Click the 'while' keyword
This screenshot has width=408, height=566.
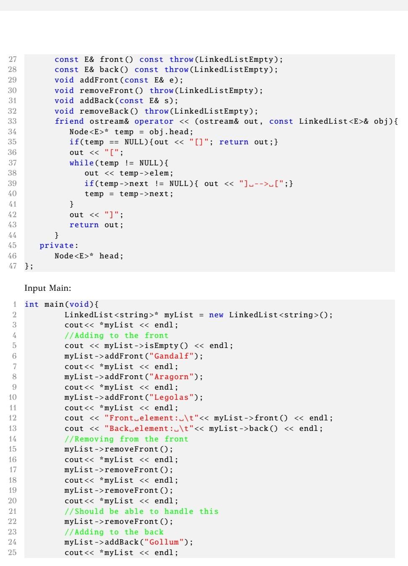[82, 163]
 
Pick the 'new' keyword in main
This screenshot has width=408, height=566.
[216, 315]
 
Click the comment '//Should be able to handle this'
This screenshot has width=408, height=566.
[141, 511]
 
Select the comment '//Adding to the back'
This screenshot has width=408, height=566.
[114, 532]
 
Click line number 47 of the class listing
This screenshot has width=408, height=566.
[13, 266]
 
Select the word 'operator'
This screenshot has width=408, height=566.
[154, 121]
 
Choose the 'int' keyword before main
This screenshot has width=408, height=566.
[32, 304]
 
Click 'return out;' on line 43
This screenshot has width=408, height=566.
[96, 225]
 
